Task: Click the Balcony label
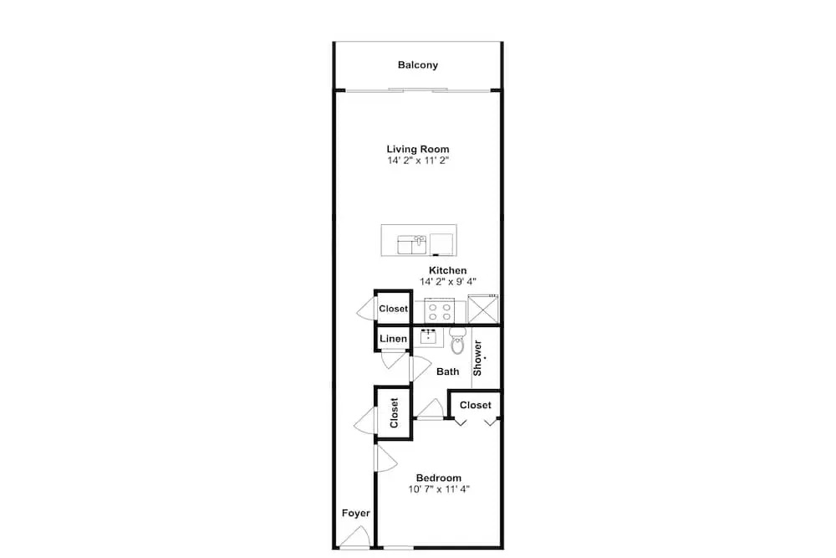417,65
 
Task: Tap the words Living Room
417,150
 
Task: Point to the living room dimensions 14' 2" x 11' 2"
417,161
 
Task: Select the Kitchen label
447,270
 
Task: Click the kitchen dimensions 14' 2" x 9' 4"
447,282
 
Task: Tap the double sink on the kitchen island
412,245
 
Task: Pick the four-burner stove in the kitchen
440,311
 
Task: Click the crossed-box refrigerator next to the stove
483,310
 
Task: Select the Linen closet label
394,339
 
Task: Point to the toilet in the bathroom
457,340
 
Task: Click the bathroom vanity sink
428,337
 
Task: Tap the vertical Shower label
477,358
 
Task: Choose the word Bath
447,371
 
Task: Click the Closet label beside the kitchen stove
394,309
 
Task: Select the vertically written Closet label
394,413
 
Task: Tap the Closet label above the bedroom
475,406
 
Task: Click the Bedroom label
439,478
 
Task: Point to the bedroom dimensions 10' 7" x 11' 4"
439,489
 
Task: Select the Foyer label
355,513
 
